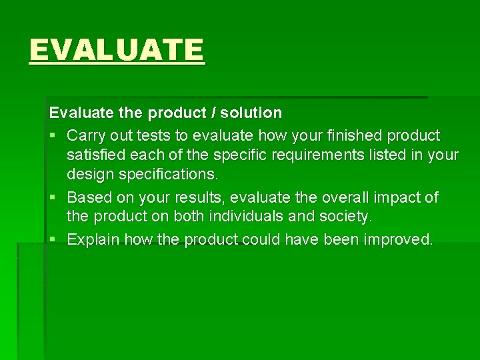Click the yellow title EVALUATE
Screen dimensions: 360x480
(117, 50)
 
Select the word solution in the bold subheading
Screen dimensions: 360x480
(247, 113)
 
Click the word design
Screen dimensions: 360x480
(89, 175)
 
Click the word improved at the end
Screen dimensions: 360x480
(398, 239)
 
